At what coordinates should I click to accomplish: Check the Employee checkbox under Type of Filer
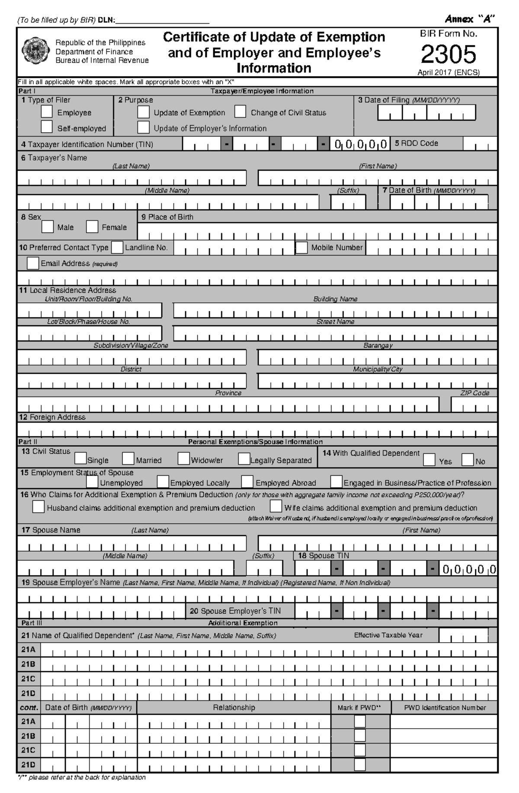(47, 112)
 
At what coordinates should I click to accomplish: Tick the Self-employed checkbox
(47, 127)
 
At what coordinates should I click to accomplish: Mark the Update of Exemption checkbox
(143, 112)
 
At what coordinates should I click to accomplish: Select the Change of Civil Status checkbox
(240, 112)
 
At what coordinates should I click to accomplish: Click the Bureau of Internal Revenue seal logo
(36, 51)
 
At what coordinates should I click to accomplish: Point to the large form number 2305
(449, 54)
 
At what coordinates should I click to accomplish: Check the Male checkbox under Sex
(48, 226)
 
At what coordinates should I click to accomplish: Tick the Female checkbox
(92, 226)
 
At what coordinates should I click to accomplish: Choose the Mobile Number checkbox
(302, 248)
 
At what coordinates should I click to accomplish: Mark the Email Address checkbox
(33, 263)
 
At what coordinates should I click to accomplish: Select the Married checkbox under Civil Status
(128, 458)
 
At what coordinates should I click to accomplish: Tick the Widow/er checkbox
(184, 458)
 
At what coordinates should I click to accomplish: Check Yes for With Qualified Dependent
(429, 460)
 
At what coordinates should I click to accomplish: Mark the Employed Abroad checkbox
(247, 481)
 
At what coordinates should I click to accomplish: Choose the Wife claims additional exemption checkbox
(276, 506)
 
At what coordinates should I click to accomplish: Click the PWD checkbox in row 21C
(360, 750)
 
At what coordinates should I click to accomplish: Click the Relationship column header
(234, 707)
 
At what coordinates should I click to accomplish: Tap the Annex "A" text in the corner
(470, 19)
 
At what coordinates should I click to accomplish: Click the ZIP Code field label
(474, 393)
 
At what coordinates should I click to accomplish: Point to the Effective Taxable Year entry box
(463, 635)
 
